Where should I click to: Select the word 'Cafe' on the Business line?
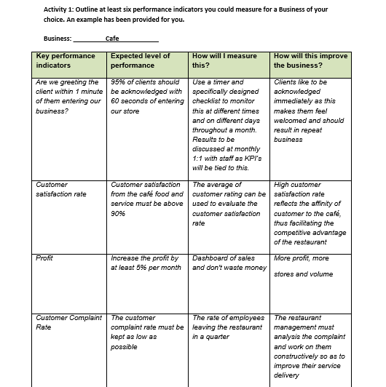pos(112,39)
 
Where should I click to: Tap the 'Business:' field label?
pos(58,39)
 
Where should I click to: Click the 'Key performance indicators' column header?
pos(66,60)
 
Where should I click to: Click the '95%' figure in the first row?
pos(119,82)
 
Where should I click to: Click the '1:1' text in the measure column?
pos(200,158)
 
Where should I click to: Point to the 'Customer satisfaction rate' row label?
pos(61,190)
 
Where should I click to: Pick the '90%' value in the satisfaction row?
pos(118,214)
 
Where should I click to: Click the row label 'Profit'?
pos(44,258)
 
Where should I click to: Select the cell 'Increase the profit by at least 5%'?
pos(146,263)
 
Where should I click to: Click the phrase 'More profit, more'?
pos(302,258)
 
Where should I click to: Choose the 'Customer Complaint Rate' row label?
pos(68,322)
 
